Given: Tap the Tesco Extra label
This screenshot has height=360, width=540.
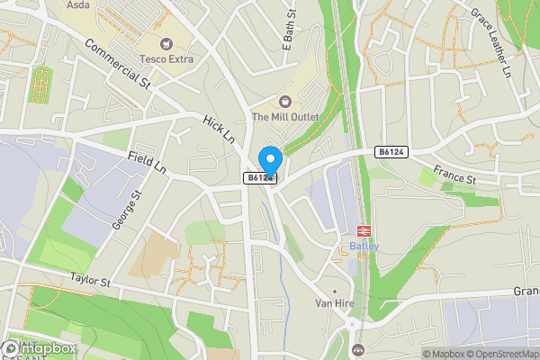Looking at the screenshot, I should pyautogui.click(x=166, y=59).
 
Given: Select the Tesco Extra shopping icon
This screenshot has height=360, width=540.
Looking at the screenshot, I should pyautogui.click(x=166, y=43).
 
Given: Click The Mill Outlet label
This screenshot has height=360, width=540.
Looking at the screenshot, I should pyautogui.click(x=285, y=117).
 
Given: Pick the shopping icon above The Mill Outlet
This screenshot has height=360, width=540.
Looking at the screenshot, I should pyautogui.click(x=285, y=101).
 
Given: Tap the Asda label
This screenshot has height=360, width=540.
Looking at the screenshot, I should pyautogui.click(x=79, y=4).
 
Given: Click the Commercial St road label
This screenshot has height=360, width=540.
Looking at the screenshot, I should pyautogui.click(x=118, y=65).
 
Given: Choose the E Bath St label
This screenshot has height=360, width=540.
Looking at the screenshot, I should pyautogui.click(x=291, y=22).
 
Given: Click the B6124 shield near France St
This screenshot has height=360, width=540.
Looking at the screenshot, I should pyautogui.click(x=390, y=153).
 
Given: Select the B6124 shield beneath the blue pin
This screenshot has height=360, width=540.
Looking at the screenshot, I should pyautogui.click(x=259, y=178).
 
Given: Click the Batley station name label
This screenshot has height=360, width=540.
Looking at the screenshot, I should pyautogui.click(x=364, y=247).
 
